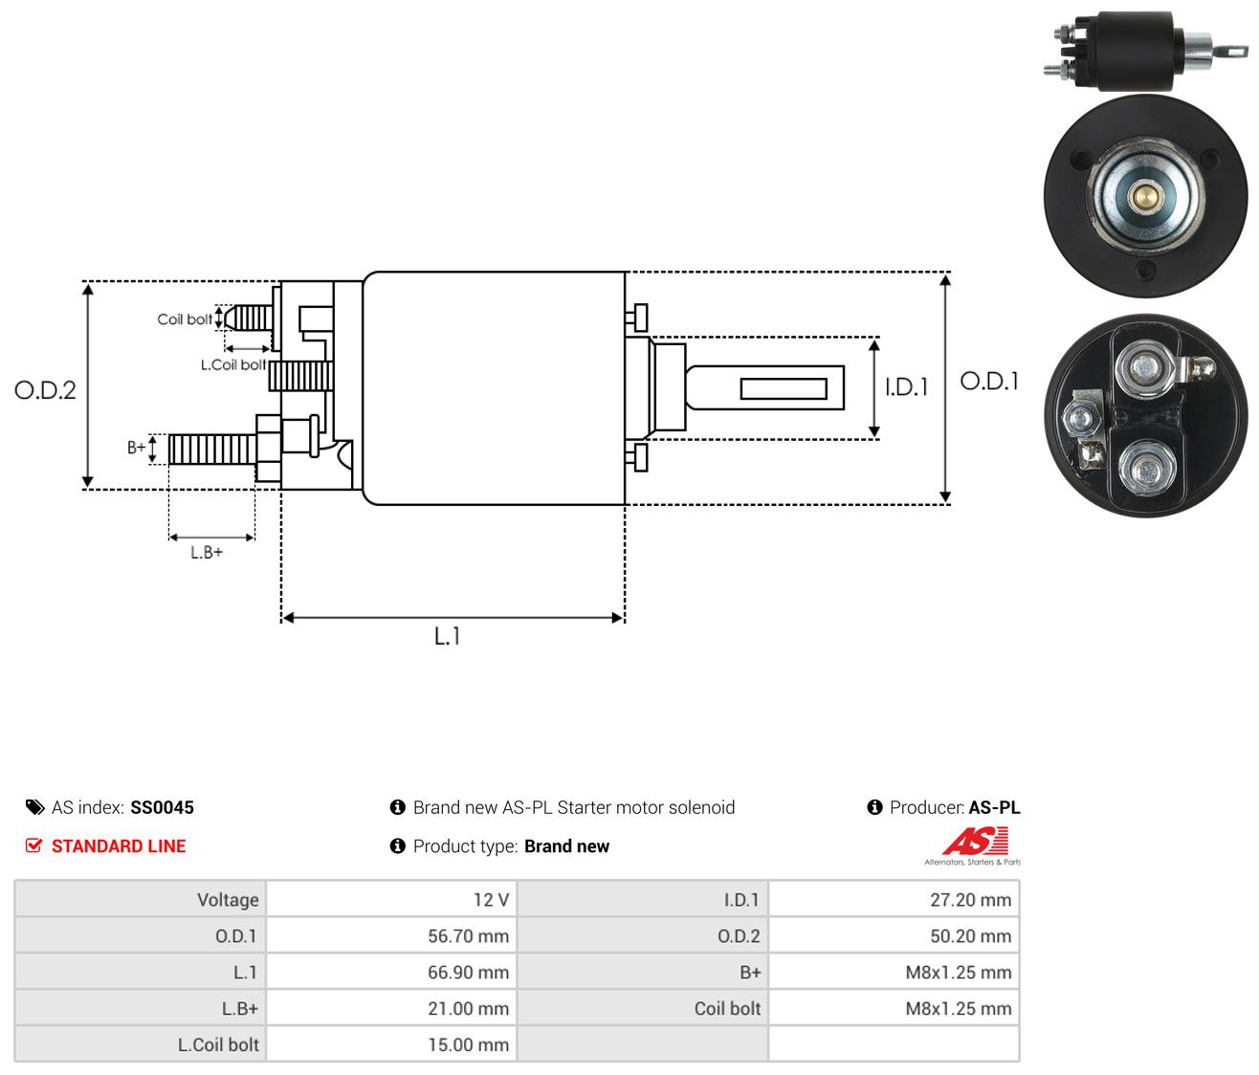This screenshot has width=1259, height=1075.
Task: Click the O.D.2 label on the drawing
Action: click(x=45, y=390)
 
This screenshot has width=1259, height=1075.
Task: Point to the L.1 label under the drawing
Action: click(x=447, y=636)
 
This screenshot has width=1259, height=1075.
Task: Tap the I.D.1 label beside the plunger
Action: click(x=906, y=387)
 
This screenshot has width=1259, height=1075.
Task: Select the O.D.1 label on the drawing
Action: click(x=989, y=382)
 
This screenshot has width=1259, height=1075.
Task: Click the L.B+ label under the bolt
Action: click(x=207, y=553)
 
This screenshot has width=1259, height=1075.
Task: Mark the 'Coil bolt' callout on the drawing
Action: click(x=185, y=319)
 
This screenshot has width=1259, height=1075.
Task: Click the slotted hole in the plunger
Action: click(x=784, y=388)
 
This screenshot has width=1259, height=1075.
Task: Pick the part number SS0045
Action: click(x=162, y=807)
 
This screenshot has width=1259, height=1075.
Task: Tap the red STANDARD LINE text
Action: click(x=119, y=846)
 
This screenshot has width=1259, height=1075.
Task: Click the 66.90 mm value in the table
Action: click(x=468, y=972)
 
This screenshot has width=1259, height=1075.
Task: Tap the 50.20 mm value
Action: click(x=970, y=936)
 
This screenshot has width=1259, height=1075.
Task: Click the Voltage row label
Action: click(x=228, y=900)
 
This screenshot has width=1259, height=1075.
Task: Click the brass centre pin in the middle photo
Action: click(x=1138, y=196)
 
